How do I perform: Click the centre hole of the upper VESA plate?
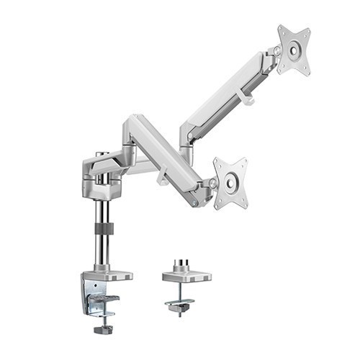(x=294, y=50)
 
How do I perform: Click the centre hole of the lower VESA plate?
(x=230, y=183)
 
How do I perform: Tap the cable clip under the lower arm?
(x=163, y=177)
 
